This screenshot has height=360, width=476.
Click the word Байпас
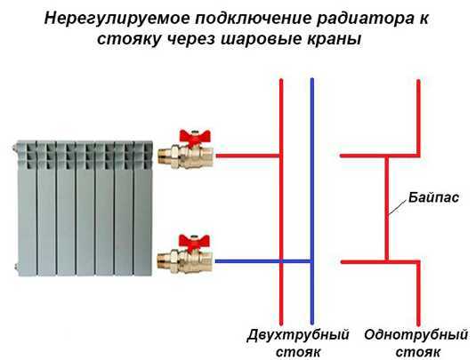[433, 197]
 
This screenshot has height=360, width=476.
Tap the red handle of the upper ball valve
[195, 137]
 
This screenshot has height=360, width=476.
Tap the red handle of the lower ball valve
[194, 242]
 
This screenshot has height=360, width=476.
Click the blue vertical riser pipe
[311, 202]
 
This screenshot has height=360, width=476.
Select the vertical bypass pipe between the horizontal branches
[386, 208]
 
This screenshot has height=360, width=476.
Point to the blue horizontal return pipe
[262, 261]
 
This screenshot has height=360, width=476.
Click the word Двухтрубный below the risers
[298, 335]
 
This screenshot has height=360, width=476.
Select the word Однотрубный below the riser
[416, 335]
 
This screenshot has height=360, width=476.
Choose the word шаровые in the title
[257, 39]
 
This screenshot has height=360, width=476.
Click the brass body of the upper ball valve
[185, 156]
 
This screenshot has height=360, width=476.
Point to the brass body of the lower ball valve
[185, 261]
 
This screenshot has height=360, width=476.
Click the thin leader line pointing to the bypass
[398, 207]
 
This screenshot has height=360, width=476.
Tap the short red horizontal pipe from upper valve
[247, 156]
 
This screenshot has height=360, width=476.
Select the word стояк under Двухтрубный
[298, 352]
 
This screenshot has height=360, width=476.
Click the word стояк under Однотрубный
[417, 352]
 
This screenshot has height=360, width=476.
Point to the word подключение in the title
[254, 19]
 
